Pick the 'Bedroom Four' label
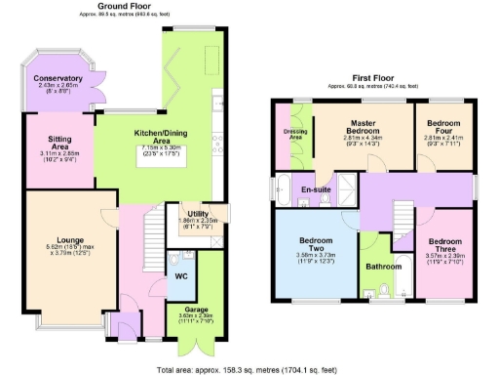coord(434,126)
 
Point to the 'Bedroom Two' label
coord(316,243)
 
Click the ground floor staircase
coord(153,234)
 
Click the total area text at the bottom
coord(249,369)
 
